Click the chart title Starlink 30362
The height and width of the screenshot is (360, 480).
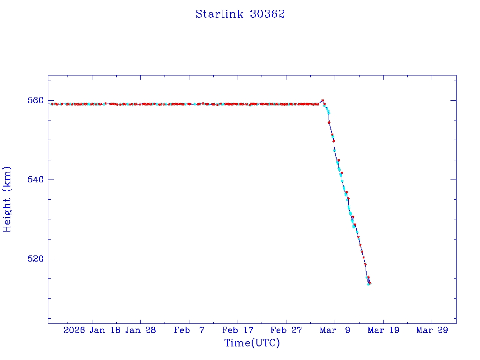[x=240, y=14]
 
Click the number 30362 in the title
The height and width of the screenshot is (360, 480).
[x=267, y=14]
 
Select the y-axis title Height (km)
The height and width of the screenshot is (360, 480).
[x=7, y=199]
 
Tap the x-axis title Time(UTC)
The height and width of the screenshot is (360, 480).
[x=252, y=343]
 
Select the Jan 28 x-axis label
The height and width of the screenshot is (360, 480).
[x=140, y=330]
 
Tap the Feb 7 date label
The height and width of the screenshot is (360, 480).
[x=189, y=330]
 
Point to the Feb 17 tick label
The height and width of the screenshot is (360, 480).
[x=238, y=330]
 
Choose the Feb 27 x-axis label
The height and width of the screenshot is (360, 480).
[x=286, y=330]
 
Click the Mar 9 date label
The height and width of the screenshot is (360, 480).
[x=335, y=330]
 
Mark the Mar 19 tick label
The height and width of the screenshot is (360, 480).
[x=383, y=330]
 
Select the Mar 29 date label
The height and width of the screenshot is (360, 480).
[x=432, y=330]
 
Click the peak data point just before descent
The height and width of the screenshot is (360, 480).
[x=322, y=100]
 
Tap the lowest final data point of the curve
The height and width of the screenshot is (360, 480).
[x=369, y=284]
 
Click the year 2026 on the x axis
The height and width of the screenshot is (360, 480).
[x=74, y=330]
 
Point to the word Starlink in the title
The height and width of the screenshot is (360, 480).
[x=220, y=14]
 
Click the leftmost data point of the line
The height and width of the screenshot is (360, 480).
[x=52, y=104]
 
